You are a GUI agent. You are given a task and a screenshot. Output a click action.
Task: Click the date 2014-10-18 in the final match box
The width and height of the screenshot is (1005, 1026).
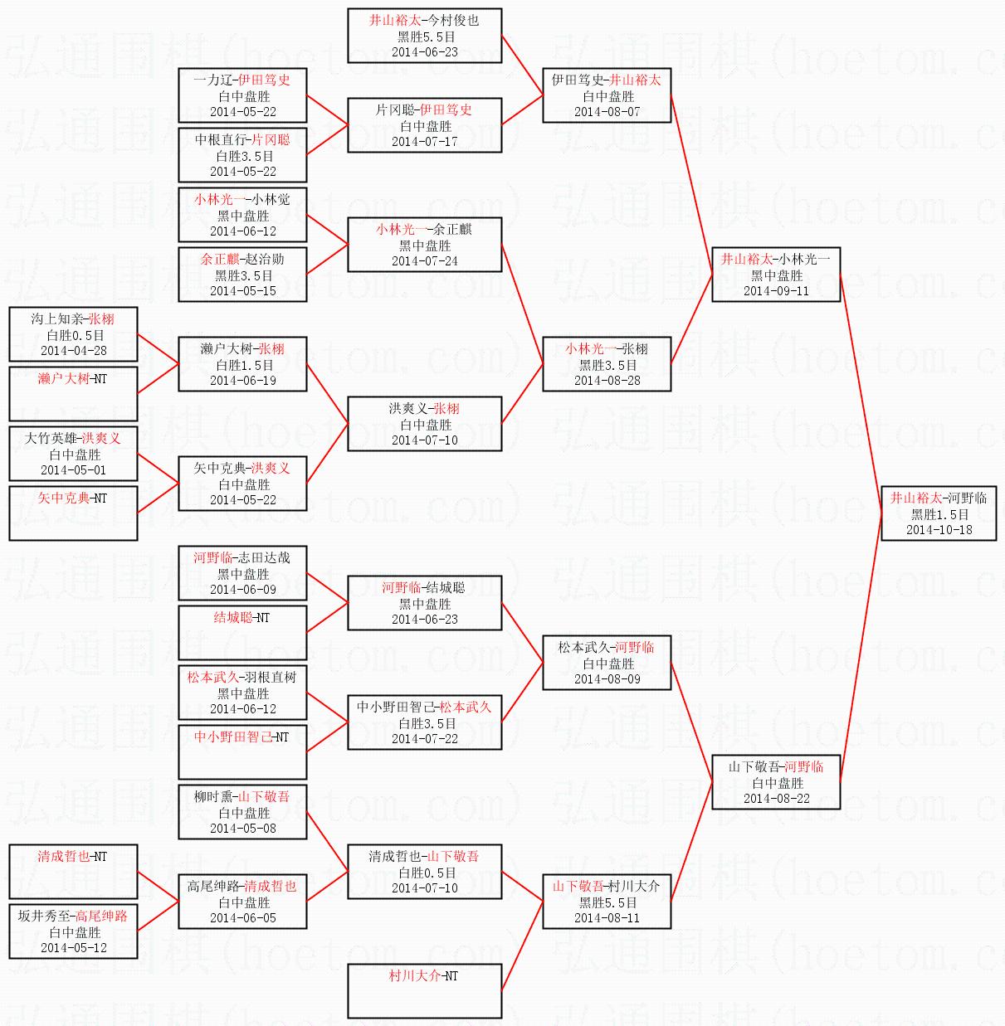pyautogui.click(x=939, y=530)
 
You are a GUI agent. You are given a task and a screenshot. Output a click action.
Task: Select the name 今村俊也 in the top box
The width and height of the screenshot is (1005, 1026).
pyautogui.click(x=454, y=20)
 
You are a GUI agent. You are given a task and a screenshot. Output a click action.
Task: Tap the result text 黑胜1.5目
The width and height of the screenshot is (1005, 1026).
pyautogui.click(x=939, y=514)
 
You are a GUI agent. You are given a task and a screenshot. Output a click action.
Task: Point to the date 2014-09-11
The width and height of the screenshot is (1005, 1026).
pyautogui.click(x=776, y=291)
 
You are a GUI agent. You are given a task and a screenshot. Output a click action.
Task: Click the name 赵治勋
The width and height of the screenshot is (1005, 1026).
pyautogui.click(x=265, y=259)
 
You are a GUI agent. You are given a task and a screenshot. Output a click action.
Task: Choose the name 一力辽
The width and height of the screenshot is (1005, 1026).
pyautogui.click(x=213, y=80)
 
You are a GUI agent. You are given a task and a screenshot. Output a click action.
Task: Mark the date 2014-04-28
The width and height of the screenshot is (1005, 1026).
pyautogui.click(x=73, y=351)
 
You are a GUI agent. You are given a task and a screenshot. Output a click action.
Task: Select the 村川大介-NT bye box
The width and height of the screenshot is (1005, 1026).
pyautogui.click(x=424, y=990)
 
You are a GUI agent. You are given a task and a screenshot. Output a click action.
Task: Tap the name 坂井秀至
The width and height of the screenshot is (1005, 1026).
pyautogui.click(x=44, y=916)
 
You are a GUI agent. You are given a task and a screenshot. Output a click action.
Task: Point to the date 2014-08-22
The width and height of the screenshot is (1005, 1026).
pyautogui.click(x=776, y=799)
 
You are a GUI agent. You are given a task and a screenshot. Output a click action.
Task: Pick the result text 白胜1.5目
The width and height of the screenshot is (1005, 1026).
pyautogui.click(x=243, y=365)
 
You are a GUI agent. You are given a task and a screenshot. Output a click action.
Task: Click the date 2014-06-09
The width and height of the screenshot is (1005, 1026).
pyautogui.click(x=242, y=590)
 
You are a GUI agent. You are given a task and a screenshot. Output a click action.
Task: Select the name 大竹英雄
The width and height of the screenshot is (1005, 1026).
pyautogui.click(x=51, y=438)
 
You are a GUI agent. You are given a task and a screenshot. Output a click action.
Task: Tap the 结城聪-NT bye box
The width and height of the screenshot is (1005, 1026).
pyautogui.click(x=242, y=632)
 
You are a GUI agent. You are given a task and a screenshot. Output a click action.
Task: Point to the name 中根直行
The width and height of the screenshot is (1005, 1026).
pyautogui.click(x=220, y=139)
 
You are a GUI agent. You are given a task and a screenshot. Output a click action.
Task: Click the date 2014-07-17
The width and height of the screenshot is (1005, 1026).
pyautogui.click(x=424, y=142)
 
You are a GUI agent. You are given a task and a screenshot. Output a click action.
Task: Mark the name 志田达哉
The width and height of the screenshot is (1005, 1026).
pyautogui.click(x=265, y=557)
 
